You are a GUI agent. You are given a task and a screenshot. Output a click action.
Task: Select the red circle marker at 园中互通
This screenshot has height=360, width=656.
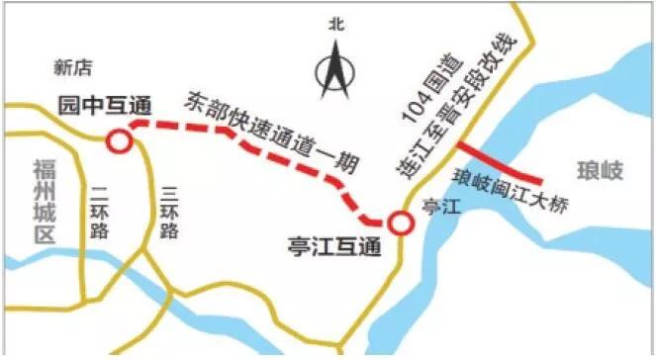[x=120, y=141]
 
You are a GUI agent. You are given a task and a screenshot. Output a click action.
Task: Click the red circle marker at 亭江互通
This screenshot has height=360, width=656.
[x=401, y=224]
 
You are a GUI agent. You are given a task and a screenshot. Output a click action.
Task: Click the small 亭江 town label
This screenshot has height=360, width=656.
[x=435, y=209]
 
